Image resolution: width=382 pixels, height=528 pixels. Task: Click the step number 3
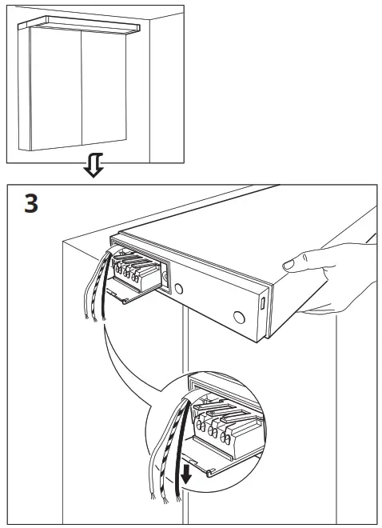tap(30, 203)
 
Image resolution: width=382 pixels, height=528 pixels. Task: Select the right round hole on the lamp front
tap(238, 317)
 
